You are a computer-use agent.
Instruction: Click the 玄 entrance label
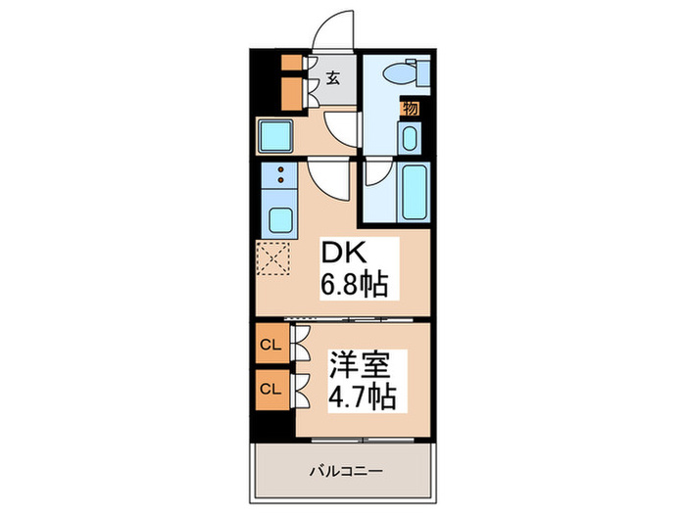point(332,79)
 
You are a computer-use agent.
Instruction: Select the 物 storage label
point(410,108)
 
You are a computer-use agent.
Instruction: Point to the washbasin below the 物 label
point(410,137)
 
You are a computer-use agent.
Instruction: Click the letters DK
point(344,254)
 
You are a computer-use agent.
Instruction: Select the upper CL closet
point(270,344)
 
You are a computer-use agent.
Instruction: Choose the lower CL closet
point(270,388)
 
